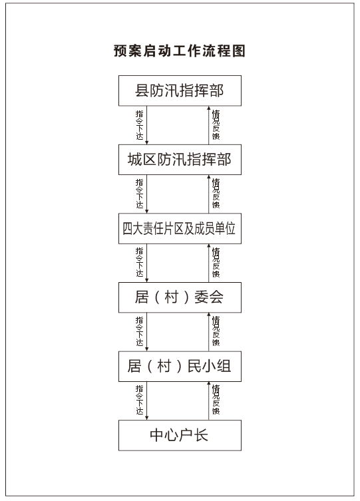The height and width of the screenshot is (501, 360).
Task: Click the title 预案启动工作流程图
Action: click(180, 51)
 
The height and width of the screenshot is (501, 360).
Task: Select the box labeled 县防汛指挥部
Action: click(180, 90)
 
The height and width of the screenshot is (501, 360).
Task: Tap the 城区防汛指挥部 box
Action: click(180, 160)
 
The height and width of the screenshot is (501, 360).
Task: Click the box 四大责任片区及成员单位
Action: click(180, 228)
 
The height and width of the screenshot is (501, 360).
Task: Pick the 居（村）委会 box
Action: click(180, 297)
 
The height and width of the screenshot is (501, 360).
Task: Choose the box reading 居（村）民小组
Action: click(180, 366)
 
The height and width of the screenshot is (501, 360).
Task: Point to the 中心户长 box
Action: click(180, 435)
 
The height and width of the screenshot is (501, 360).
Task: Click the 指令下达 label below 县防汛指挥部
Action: click(140, 125)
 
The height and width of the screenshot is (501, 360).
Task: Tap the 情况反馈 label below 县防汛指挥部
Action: click(216, 125)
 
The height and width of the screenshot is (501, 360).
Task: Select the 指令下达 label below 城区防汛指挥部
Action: click(140, 194)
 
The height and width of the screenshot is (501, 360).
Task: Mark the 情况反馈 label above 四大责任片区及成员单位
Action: click(216, 194)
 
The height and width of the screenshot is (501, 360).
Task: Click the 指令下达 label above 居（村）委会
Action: click(140, 263)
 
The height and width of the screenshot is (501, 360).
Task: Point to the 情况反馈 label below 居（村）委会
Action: click(216, 331)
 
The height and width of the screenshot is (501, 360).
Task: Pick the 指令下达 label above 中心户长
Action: click(140, 401)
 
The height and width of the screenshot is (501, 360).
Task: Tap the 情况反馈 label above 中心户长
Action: click(216, 401)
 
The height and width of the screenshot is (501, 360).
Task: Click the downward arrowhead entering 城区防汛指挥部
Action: click(147, 142)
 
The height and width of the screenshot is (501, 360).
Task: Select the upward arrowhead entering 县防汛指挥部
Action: click(209, 108)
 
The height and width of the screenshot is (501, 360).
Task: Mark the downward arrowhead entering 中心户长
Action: click(147, 418)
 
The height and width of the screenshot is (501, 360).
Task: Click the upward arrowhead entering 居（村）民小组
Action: click(209, 383)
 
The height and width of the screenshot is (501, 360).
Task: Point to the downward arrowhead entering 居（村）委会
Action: click(147, 280)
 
